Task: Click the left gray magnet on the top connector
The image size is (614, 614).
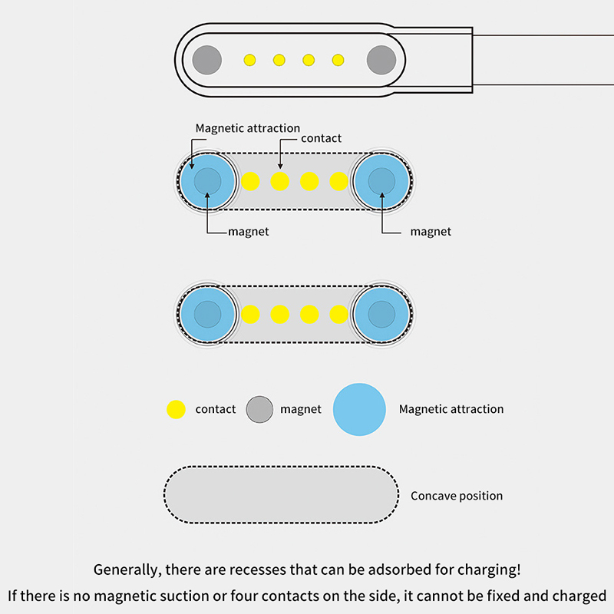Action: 206,59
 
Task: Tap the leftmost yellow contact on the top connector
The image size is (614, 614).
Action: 249,59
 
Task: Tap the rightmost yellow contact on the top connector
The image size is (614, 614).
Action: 338,59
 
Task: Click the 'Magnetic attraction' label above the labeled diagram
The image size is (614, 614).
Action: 247,128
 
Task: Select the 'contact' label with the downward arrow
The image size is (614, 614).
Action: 321,139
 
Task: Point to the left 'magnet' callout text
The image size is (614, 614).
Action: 248,232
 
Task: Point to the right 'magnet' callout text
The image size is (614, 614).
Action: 431,232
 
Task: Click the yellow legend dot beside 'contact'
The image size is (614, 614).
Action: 177,409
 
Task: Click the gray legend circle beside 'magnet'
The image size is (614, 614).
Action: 259,409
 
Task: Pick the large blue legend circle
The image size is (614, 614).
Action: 359,409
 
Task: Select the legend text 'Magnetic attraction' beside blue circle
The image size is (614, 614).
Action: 451,409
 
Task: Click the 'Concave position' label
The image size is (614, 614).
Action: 457,496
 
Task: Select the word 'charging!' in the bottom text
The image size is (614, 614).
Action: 493,570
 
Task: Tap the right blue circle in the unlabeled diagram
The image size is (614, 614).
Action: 381,314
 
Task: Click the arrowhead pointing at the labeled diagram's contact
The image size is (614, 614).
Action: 280,167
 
